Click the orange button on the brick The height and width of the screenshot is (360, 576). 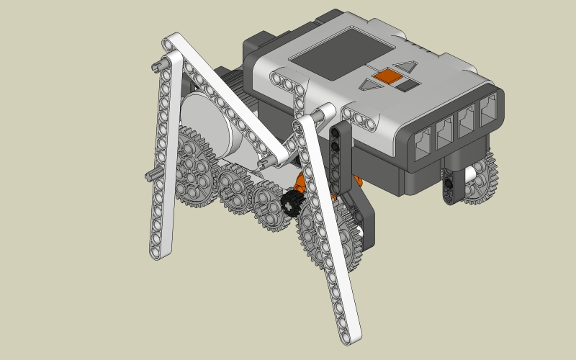coord(390,75)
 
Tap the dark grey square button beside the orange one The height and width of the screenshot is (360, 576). coord(408,84)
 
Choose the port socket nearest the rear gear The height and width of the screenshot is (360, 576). coord(488,108)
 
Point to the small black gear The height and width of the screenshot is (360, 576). coord(292,203)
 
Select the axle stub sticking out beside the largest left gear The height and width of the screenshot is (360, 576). coord(153,175)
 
